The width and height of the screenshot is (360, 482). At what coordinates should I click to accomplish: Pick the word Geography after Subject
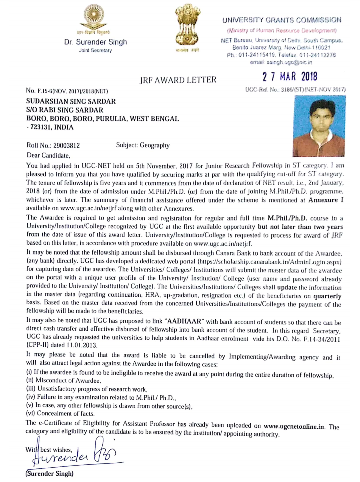tap(155, 145)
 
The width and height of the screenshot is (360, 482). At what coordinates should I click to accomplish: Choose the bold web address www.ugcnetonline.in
tap(294, 426)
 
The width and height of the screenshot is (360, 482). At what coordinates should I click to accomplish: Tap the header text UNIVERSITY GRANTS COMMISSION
tap(282, 20)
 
